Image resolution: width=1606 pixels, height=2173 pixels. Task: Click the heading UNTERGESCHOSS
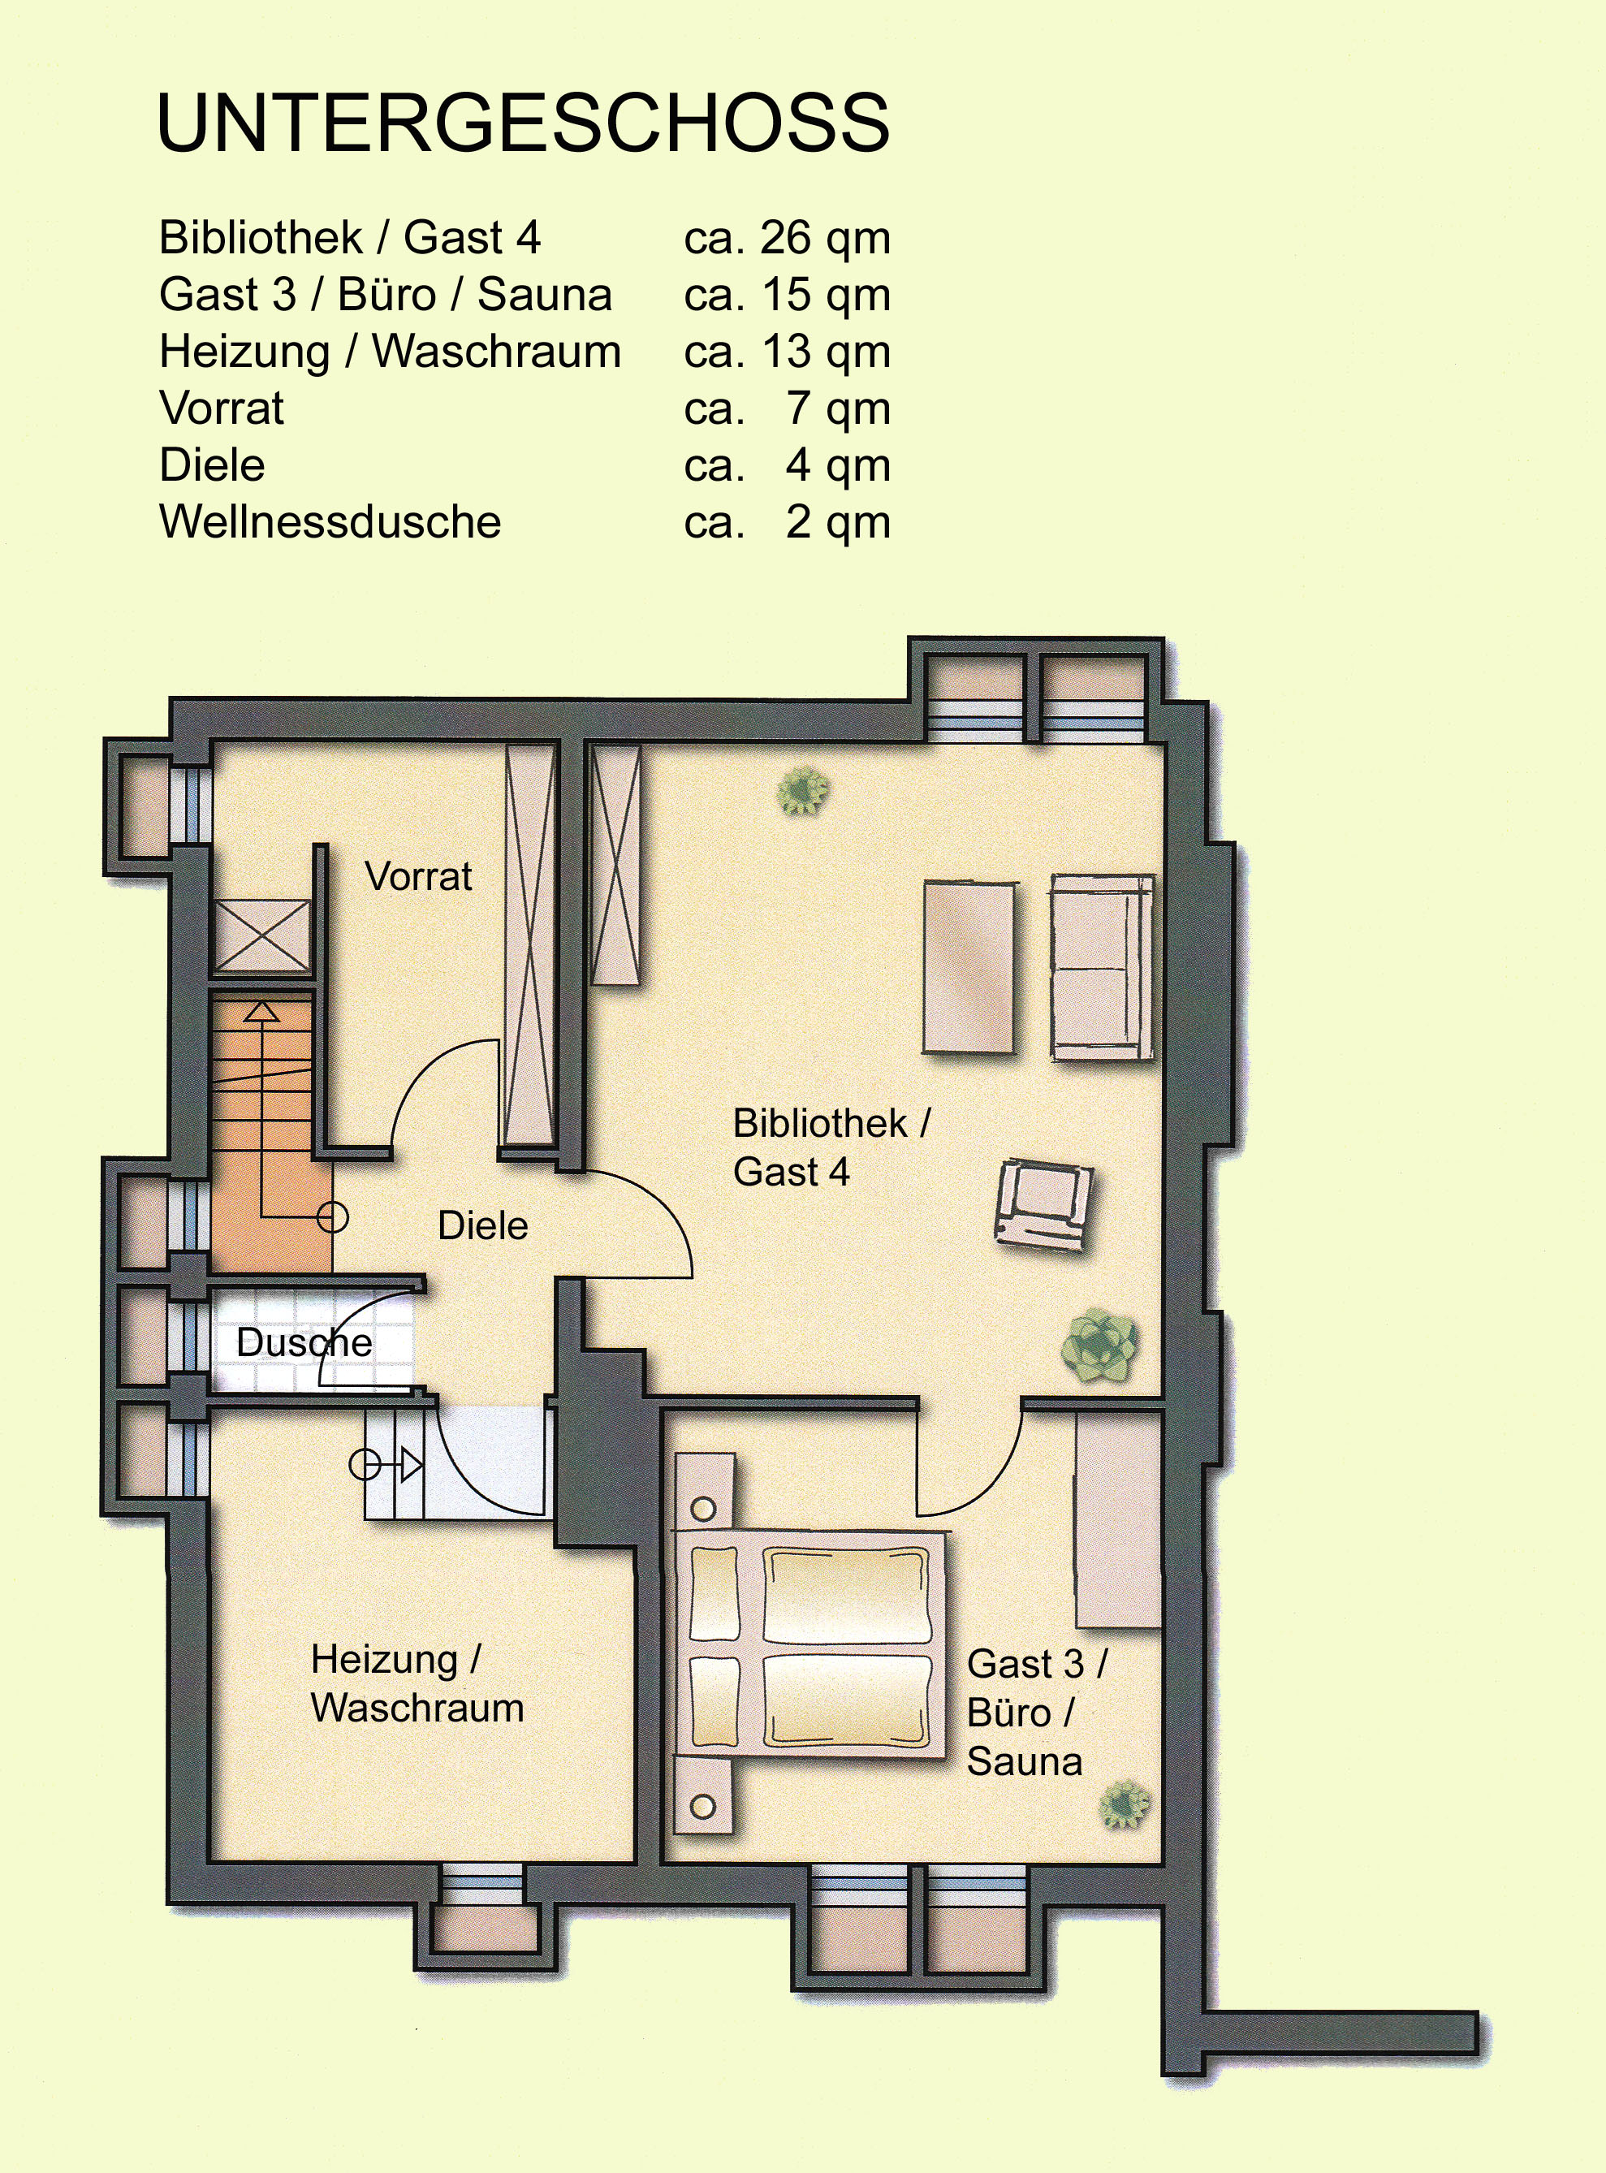pos(523,123)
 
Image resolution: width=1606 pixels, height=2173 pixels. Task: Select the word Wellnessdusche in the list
pos(330,522)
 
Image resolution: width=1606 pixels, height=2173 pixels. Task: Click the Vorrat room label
pos(418,876)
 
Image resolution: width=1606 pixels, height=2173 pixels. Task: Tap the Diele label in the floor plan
pos(483,1225)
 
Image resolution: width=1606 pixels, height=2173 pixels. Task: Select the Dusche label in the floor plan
pos(304,1342)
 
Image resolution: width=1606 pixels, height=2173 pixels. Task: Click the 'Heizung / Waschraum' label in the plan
pos(417,1683)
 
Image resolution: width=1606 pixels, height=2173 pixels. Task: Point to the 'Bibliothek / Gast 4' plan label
pos(831,1147)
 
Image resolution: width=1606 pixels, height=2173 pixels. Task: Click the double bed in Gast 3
pos(809,1643)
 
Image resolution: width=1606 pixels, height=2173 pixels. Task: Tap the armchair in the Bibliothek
pos(1043,1204)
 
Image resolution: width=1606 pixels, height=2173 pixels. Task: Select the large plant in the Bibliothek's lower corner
pos(1099,1345)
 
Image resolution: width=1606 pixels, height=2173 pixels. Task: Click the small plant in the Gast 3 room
pos(1124,1804)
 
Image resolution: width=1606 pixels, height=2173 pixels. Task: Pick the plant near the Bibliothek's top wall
pos(803,790)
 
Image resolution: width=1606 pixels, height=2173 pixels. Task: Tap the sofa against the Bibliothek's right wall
pos(1103,966)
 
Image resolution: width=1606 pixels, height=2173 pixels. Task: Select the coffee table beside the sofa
pos(969,966)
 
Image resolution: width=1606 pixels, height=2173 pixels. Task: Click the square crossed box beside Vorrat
pos(261,935)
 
